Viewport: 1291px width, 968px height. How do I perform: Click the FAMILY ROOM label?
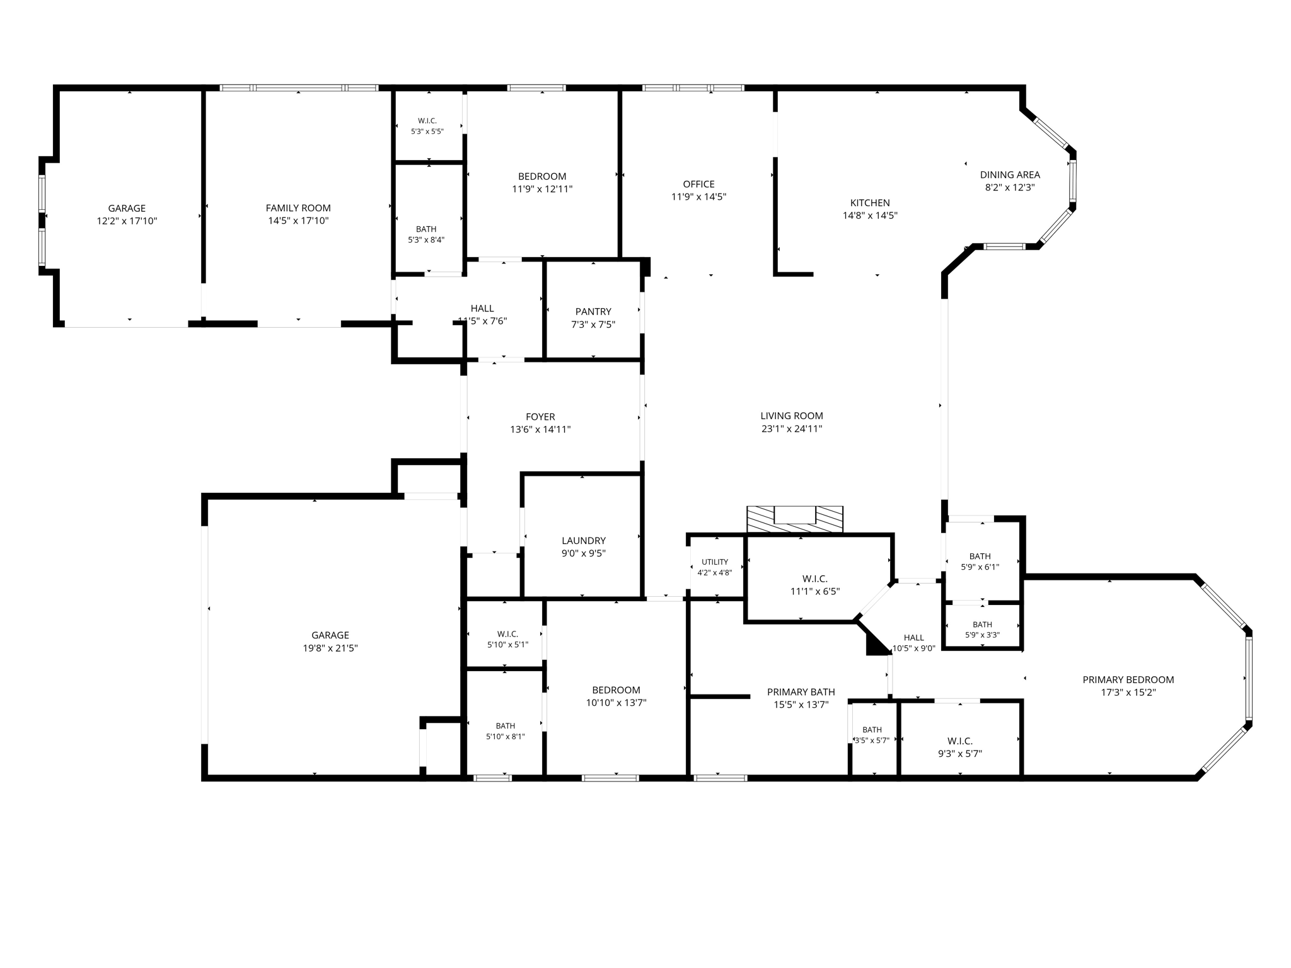tap(298, 208)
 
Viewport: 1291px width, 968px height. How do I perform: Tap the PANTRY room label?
tap(593, 311)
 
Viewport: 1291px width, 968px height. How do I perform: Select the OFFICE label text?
tap(698, 184)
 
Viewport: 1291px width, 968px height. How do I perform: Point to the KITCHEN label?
tap(870, 203)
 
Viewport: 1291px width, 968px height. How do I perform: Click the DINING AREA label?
tap(1010, 175)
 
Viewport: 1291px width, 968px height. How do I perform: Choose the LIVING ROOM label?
tap(792, 416)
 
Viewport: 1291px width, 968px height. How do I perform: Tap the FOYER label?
tap(540, 417)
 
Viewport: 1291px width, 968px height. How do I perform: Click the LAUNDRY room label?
tap(584, 541)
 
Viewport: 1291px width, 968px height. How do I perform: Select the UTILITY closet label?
tap(715, 562)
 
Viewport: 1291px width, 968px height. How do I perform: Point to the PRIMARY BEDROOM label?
tap(1128, 679)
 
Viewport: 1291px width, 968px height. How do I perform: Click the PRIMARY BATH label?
tap(801, 692)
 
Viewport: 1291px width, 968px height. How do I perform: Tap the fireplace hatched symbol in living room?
tap(795, 520)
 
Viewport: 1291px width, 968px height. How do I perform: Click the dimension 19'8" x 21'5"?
tap(330, 648)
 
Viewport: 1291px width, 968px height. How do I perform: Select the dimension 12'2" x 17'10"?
tap(127, 221)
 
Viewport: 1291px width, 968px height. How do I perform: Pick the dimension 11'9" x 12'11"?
tap(542, 189)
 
